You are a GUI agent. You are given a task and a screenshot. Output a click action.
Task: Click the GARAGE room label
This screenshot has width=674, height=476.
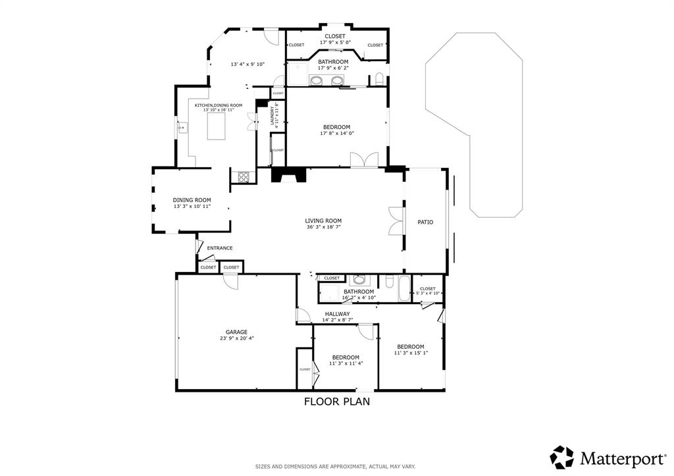tap(236, 332)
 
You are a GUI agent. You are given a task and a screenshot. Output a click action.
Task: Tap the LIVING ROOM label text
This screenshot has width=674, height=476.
tap(323, 221)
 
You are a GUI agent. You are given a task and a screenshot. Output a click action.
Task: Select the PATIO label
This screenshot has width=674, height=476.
tap(425, 223)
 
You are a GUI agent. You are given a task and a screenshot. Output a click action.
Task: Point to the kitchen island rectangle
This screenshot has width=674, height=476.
tap(220, 126)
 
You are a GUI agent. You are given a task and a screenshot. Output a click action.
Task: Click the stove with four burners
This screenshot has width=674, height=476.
tap(242, 176)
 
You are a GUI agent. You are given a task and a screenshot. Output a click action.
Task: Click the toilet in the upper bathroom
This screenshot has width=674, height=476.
tap(378, 79)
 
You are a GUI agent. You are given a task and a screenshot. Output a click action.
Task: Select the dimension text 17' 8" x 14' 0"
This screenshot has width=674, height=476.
tap(336, 134)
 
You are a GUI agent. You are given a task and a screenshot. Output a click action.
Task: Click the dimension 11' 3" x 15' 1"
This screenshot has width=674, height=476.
tap(410, 353)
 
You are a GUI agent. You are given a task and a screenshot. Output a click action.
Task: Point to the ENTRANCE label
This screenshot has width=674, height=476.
tap(220, 248)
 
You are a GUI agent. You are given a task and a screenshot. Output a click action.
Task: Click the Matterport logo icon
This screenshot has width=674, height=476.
tap(562, 457)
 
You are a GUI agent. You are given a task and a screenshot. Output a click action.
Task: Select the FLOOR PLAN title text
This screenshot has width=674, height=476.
tap(336, 401)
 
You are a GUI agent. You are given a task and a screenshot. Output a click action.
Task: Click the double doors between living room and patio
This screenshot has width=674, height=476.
tap(395, 221)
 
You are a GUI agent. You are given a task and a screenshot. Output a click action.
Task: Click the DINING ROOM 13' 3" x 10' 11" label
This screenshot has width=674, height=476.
tap(192, 203)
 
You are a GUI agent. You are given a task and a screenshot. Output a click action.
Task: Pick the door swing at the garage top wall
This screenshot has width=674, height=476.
tap(230, 281)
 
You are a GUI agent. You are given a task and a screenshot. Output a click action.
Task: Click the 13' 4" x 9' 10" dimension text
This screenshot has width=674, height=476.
tap(247, 65)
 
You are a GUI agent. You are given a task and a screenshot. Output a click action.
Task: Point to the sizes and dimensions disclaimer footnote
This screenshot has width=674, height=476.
tap(336, 466)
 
